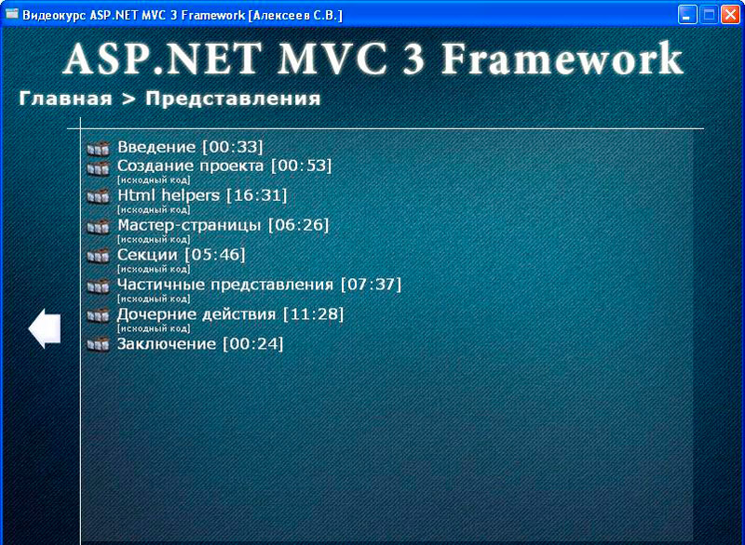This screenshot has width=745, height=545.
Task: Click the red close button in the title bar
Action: click(731, 14)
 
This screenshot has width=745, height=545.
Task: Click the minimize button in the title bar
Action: click(687, 14)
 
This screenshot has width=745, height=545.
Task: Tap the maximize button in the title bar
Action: click(709, 14)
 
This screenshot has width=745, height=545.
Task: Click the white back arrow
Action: click(45, 328)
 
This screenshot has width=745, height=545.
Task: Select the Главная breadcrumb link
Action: click(65, 99)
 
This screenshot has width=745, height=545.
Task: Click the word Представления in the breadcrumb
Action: click(233, 99)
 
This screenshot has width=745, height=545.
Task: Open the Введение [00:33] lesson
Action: click(190, 147)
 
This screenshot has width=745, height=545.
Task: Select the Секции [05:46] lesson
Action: click(181, 255)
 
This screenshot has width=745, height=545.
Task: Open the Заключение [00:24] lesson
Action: click(200, 344)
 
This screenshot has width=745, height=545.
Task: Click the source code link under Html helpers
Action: click(154, 209)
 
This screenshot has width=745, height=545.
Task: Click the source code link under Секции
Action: click(154, 269)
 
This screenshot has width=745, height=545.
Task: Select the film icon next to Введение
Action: click(99, 149)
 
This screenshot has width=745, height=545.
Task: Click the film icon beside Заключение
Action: click(99, 344)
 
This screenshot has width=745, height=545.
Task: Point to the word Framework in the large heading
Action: click(562, 59)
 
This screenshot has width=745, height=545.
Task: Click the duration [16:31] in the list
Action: click(257, 195)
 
